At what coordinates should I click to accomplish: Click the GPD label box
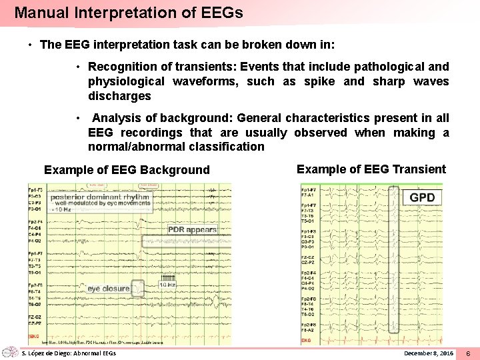[422, 197]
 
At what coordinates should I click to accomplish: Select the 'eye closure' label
[108, 289]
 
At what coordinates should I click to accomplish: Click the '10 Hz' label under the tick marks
[167, 285]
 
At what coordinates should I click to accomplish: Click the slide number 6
[468, 352]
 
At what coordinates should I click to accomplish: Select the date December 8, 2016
[429, 352]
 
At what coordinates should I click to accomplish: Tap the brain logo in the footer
[9, 351]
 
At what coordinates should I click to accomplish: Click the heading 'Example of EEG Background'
[127, 170]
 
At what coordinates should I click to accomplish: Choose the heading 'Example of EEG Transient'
[371, 169]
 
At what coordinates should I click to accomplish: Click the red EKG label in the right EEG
[306, 340]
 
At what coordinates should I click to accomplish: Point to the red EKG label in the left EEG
[34, 336]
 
